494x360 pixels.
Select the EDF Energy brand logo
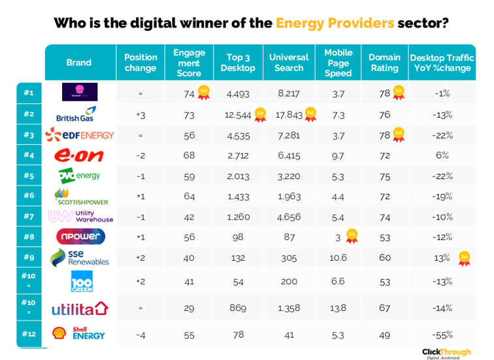[x=79, y=135]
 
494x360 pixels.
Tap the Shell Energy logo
[x=78, y=335]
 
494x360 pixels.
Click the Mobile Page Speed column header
[x=338, y=63]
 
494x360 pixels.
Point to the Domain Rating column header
[x=384, y=63]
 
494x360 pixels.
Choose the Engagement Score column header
[x=189, y=63]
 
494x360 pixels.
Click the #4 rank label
[x=28, y=155]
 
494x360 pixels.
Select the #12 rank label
[x=28, y=335]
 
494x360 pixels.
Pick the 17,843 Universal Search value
[x=289, y=115]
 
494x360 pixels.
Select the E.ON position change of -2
[x=140, y=155]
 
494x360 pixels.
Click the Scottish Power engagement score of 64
[x=189, y=196]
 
